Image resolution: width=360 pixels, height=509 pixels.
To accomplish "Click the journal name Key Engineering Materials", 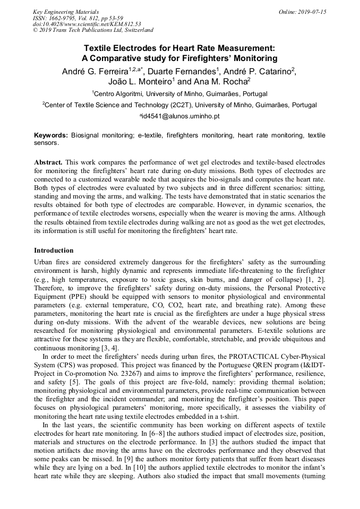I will click(66, 12).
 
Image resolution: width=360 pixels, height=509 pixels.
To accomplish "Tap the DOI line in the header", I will click(87, 24).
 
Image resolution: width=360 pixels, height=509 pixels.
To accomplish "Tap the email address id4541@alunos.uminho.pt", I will click(180, 116).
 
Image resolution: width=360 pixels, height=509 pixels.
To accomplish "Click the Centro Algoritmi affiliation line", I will click(179, 93).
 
